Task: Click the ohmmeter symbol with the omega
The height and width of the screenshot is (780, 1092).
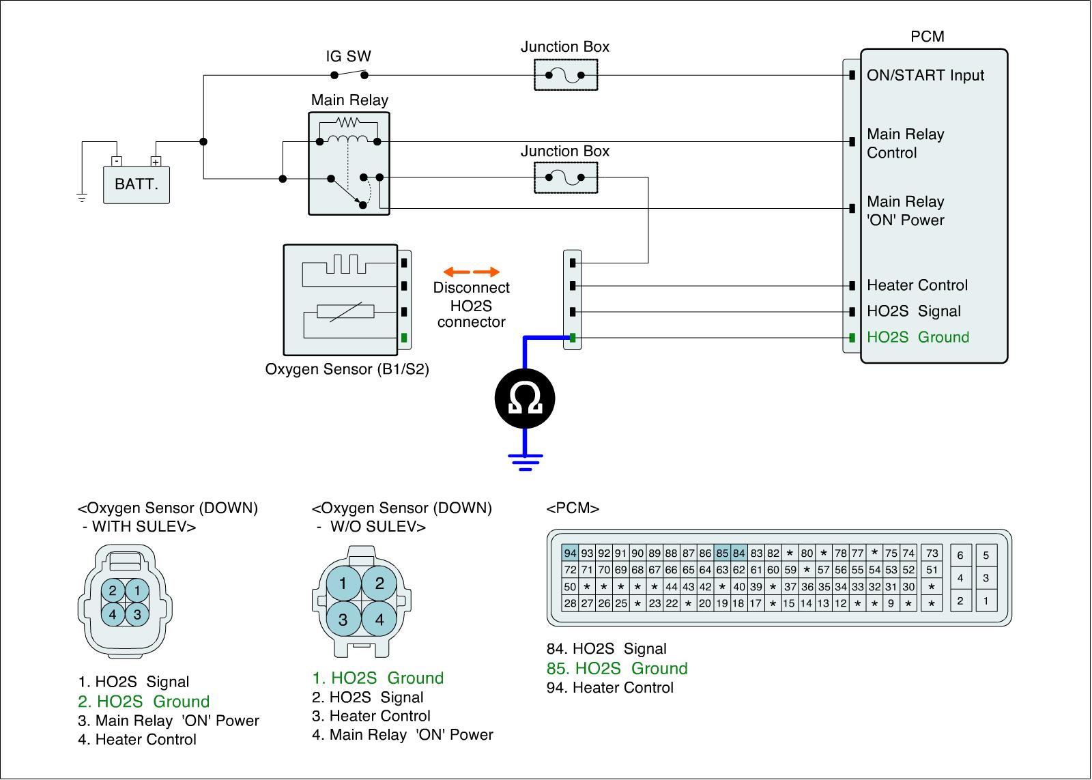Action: point(525,399)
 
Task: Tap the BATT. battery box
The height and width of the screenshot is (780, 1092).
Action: point(136,185)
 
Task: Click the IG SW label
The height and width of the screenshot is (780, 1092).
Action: point(349,57)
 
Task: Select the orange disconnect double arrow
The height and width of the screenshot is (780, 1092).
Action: point(472,272)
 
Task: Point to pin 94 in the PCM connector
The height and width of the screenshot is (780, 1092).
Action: point(570,553)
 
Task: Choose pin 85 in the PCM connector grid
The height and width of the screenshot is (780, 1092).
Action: point(722,553)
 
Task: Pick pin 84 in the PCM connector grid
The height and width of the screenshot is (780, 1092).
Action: point(738,553)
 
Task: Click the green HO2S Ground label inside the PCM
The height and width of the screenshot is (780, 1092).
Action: point(918,337)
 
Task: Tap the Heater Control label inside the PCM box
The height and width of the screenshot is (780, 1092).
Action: point(917,285)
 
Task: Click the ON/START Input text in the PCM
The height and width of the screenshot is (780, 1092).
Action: point(925,76)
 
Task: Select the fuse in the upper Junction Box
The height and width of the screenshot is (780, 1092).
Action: point(566,75)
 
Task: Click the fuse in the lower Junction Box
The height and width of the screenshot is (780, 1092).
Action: point(566,177)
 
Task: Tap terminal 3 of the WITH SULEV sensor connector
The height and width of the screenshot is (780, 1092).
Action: point(137,614)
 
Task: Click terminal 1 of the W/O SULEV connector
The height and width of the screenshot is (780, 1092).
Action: point(343,583)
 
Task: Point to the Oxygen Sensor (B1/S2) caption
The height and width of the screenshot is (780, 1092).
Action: point(347,369)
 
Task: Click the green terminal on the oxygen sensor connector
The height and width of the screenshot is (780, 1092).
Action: point(404,337)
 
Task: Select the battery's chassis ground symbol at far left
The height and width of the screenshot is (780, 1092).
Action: point(82,198)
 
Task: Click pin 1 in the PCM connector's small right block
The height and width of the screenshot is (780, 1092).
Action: point(986,601)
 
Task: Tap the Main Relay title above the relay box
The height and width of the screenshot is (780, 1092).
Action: point(349,100)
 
